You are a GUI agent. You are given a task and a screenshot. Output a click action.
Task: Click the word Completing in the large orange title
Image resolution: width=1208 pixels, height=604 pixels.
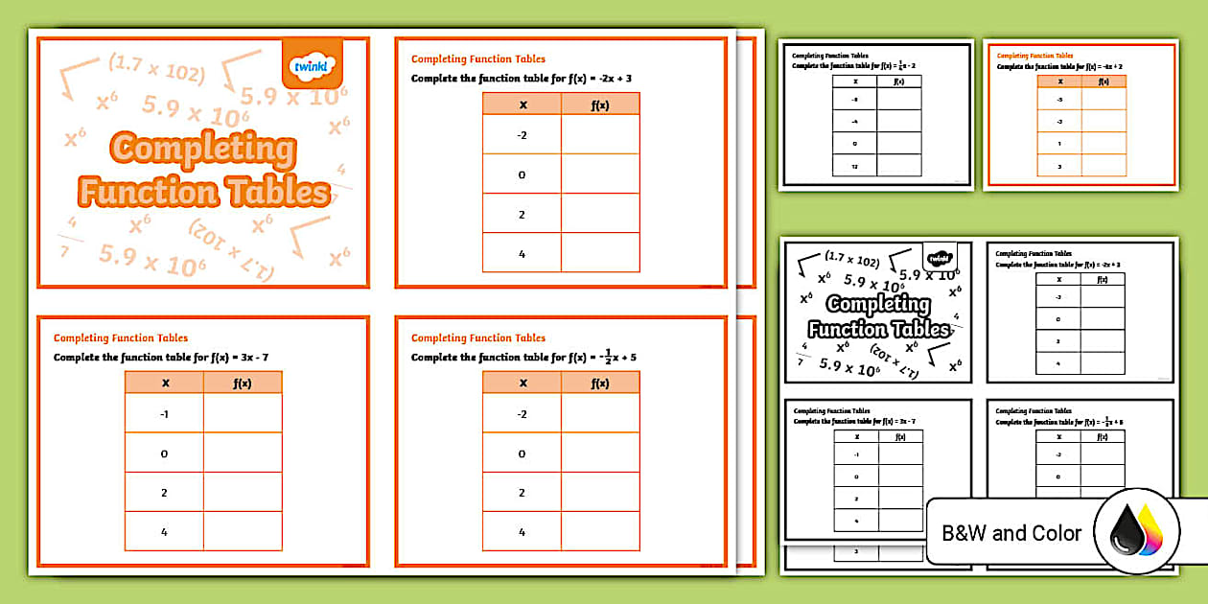[203, 149]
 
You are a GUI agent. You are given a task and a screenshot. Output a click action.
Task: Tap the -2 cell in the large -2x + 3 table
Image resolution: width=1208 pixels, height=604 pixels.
[522, 135]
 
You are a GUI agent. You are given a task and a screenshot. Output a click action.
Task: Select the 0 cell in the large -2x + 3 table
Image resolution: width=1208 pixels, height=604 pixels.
[522, 174]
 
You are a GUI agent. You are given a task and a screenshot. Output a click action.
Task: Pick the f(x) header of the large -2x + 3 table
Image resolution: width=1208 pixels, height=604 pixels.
[600, 105]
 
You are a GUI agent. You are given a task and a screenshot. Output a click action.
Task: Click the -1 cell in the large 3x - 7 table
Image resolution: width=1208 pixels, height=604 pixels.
[164, 413]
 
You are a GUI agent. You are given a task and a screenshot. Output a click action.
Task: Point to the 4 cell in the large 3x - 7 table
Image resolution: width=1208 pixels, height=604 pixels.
[164, 531]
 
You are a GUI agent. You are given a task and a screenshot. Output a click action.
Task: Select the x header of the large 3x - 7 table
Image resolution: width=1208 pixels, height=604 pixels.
[165, 383]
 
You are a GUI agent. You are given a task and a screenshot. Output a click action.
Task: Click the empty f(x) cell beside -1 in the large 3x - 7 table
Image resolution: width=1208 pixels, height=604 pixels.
[243, 413]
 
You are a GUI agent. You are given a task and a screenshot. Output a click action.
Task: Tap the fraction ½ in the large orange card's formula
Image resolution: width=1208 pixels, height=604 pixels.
[608, 357]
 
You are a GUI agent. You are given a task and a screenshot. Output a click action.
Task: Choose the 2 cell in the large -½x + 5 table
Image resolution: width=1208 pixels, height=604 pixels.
[522, 492]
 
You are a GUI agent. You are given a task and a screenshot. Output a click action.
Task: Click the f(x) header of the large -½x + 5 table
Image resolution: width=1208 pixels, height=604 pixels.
[600, 383]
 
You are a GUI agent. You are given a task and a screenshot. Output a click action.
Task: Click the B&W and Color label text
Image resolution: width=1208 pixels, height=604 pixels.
[1011, 533]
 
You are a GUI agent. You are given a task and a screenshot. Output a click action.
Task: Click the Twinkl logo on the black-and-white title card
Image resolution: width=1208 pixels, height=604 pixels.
[940, 258]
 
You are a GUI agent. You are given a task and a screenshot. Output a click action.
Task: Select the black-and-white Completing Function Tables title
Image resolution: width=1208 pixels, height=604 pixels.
[878, 316]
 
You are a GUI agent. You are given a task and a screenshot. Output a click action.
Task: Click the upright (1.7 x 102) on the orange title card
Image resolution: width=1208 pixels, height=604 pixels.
[155, 69]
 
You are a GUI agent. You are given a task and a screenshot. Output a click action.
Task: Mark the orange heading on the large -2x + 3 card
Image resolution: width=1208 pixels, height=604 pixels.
[478, 59]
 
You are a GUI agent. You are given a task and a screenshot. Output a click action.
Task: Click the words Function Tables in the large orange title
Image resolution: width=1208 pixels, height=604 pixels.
[203, 192]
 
